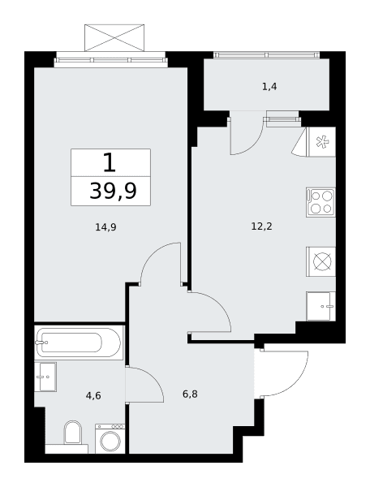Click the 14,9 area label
[x=105, y=227]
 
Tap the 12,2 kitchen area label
[x=261, y=226]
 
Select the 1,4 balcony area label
[x=269, y=87]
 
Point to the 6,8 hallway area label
[x=190, y=394]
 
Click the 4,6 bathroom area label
[x=93, y=396]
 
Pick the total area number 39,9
[x=113, y=191]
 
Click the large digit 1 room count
[x=110, y=163]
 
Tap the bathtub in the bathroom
[x=79, y=343]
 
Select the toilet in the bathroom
[x=73, y=433]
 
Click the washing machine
[x=110, y=438]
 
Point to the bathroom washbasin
[x=45, y=377]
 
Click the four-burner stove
[x=321, y=202]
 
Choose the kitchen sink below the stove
[x=321, y=306]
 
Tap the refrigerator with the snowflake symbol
[x=321, y=142]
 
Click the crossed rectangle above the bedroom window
[x=114, y=37]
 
